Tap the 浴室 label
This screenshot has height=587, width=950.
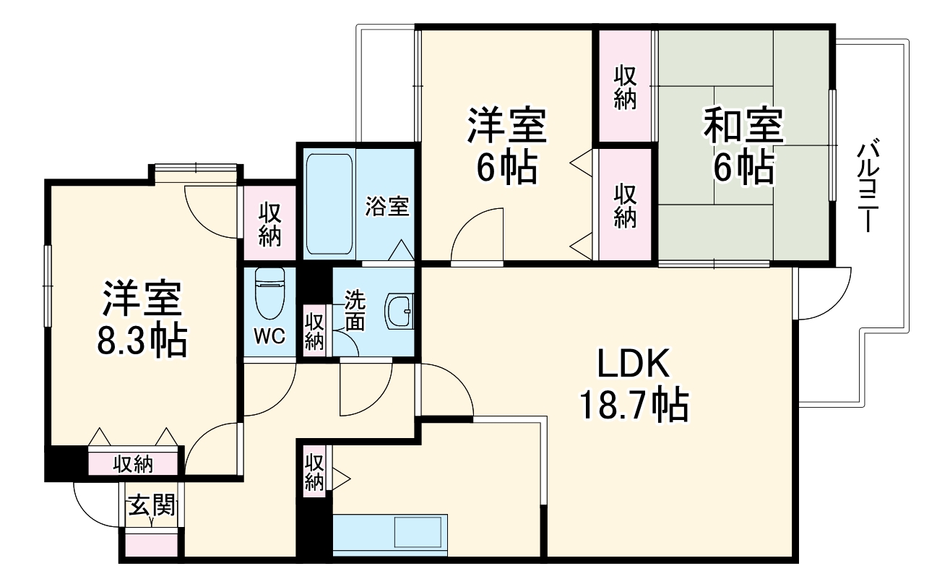pyautogui.click(x=387, y=207)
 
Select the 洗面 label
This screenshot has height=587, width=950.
pyautogui.click(x=354, y=310)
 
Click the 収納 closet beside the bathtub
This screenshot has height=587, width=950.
pyautogui.click(x=269, y=224)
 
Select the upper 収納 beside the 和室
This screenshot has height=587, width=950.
pyautogui.click(x=626, y=87)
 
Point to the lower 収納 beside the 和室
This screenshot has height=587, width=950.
pyautogui.click(x=626, y=205)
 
